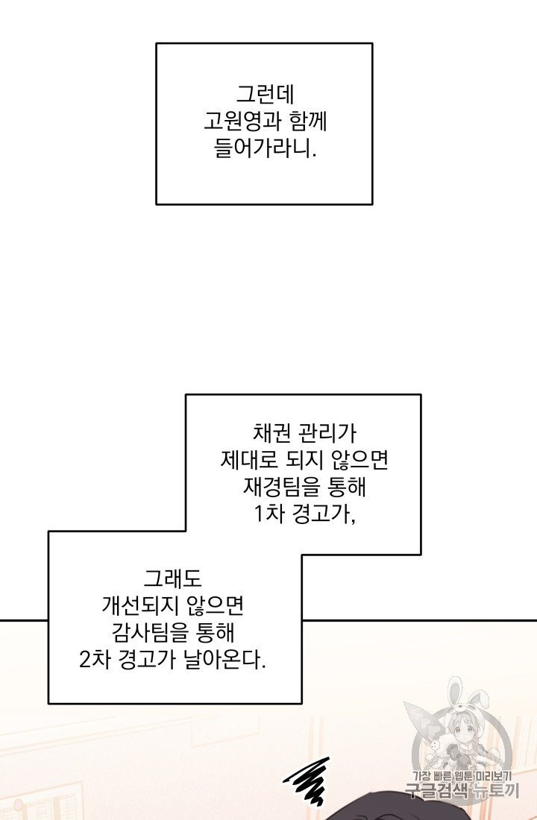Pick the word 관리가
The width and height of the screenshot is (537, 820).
[327, 434]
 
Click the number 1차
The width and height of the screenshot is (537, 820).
[268, 515]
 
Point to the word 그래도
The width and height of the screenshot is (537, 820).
[172, 579]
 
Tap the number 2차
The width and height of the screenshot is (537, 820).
[95, 661]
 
